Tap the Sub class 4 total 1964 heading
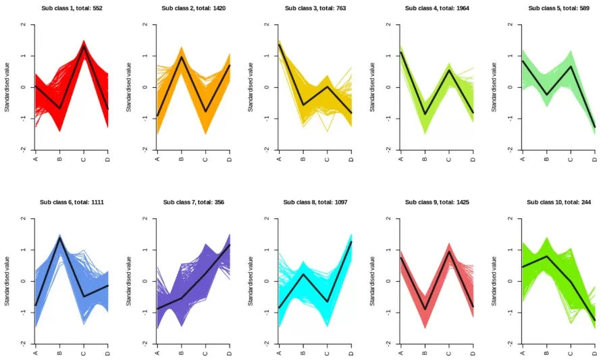[x=436, y=8]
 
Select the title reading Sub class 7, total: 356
[x=193, y=202]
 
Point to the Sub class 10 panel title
[x=558, y=202]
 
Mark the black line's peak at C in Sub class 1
[x=84, y=45]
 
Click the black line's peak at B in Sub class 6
[x=59, y=238]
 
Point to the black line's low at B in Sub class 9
[x=425, y=310]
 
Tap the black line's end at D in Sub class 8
[x=351, y=241]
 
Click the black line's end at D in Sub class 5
[x=594, y=127]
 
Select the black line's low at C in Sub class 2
[x=205, y=111]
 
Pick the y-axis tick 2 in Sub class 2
[x=145, y=25]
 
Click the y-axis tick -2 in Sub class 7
[x=145, y=344]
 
